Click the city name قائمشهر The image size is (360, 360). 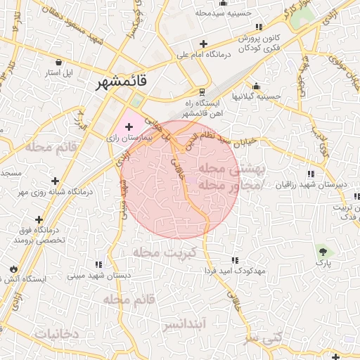coord(123,82)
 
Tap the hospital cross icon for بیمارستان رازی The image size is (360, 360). coord(128,126)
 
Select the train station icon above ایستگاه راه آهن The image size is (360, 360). coord(202,92)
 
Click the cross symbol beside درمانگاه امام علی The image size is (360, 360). coord(203,44)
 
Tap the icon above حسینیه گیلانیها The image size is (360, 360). coord(256,86)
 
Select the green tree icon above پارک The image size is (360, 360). coord(323,251)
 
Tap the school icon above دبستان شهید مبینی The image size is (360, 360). coord(98,264)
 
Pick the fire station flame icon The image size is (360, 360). coord(14,269)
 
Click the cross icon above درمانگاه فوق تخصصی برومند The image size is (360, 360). coord(39,220)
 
